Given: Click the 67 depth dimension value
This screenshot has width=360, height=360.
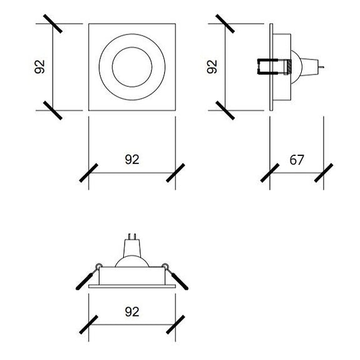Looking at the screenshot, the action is click(297, 160).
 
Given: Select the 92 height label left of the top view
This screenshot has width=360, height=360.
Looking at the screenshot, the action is click(39, 67).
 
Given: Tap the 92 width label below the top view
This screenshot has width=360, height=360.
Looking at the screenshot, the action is click(132, 159).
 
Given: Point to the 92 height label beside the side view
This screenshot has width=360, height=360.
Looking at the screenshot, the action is click(212, 67).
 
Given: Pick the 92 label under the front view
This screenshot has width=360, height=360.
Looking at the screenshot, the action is click(132, 312).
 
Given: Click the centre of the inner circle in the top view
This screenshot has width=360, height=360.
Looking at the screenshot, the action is click(132, 67).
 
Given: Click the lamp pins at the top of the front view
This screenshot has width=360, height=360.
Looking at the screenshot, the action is click(132, 237).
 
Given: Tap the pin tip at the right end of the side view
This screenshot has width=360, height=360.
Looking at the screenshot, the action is click(323, 67).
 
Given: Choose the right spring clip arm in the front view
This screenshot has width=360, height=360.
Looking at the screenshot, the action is click(178, 278).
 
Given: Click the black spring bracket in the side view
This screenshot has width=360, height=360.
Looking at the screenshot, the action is click(267, 67).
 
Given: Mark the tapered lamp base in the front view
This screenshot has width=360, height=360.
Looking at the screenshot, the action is click(132, 248).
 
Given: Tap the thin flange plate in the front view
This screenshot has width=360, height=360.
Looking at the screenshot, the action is click(132, 286).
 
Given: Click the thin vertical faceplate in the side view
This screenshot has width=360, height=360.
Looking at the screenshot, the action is click(271, 67).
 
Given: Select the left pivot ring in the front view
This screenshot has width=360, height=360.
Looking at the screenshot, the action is click(98, 266).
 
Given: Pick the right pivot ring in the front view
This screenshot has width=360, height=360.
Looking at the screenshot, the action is click(165, 266).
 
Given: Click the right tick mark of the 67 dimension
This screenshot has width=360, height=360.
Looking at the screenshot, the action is click(324, 173).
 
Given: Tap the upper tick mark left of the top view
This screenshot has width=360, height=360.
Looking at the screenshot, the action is click(53, 24).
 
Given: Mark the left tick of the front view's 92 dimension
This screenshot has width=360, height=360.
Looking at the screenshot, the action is click(89, 325).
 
